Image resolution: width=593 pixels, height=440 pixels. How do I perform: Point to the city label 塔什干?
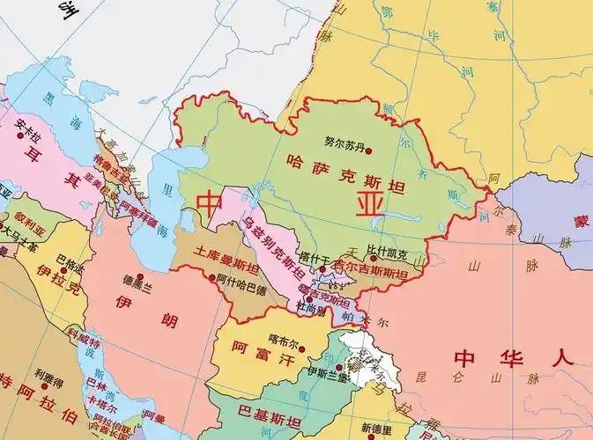[314, 258]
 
